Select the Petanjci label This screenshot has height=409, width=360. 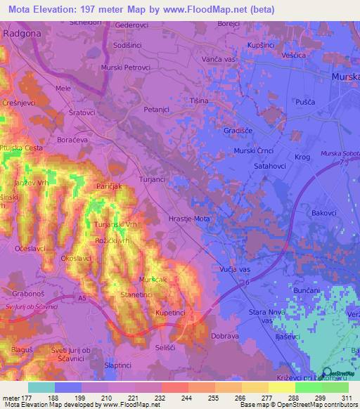pyautogui.click(x=157, y=110)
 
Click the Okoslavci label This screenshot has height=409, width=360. pyautogui.click(x=78, y=259)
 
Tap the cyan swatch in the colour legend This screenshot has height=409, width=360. pyautogui.click(x=41, y=387)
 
